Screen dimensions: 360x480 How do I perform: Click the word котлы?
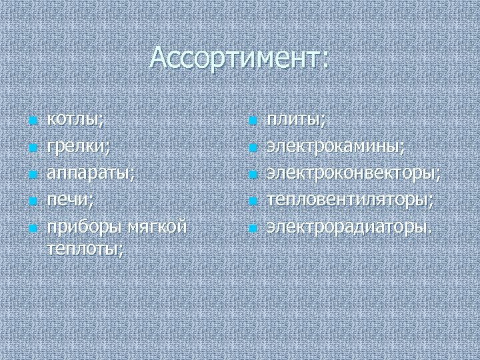coord(74,120)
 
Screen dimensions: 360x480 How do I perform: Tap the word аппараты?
coord(90,173)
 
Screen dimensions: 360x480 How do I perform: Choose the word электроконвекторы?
coord(353,173)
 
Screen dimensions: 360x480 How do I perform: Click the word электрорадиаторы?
coord(349,227)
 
